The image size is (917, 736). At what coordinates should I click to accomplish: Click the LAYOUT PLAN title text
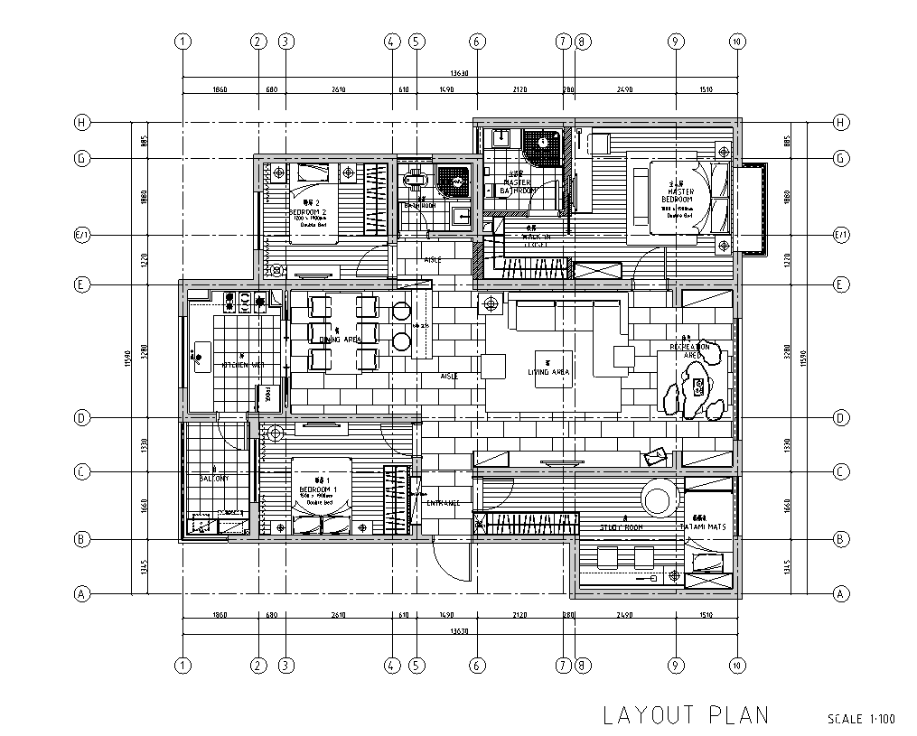[686, 715]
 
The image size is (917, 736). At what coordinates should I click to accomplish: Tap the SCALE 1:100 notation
[861, 720]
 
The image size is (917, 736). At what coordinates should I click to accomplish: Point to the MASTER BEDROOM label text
[680, 195]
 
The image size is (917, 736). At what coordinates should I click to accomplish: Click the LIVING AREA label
[549, 371]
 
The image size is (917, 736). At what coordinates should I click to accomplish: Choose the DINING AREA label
[341, 340]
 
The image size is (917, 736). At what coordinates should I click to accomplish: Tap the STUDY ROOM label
[621, 526]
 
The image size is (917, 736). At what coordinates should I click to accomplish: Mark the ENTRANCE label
[444, 503]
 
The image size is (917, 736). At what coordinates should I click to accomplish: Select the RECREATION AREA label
[696, 350]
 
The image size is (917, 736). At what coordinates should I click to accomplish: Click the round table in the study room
[658, 498]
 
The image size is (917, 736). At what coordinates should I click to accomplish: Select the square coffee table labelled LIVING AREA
[553, 368]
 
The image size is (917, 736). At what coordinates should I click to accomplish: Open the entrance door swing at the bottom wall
[453, 560]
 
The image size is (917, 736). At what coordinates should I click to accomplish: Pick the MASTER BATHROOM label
[518, 186]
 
